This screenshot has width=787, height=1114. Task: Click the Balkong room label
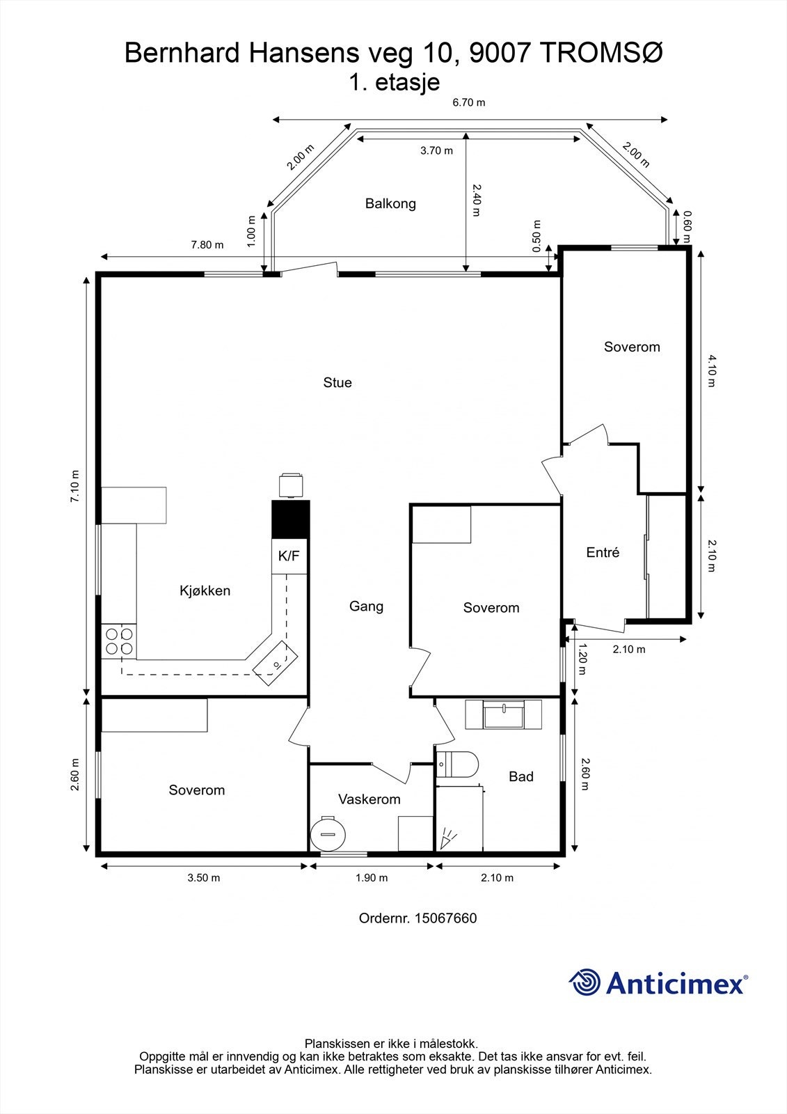(390, 204)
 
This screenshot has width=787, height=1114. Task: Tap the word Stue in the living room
(337, 382)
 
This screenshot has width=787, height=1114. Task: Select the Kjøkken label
(205, 591)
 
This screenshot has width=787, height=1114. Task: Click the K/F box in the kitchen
(289, 556)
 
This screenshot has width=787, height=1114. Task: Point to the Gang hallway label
(367, 606)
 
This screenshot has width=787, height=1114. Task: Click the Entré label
(603, 552)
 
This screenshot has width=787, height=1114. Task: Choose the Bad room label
(521, 776)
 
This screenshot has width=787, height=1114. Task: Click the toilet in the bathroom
(457, 764)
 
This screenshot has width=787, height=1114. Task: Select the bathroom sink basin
(504, 714)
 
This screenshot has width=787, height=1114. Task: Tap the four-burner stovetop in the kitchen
(119, 641)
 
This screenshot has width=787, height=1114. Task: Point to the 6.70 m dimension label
(469, 103)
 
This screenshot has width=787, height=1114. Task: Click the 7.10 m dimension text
(75, 486)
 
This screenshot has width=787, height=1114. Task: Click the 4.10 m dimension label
(711, 371)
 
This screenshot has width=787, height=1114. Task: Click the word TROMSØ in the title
(601, 53)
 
